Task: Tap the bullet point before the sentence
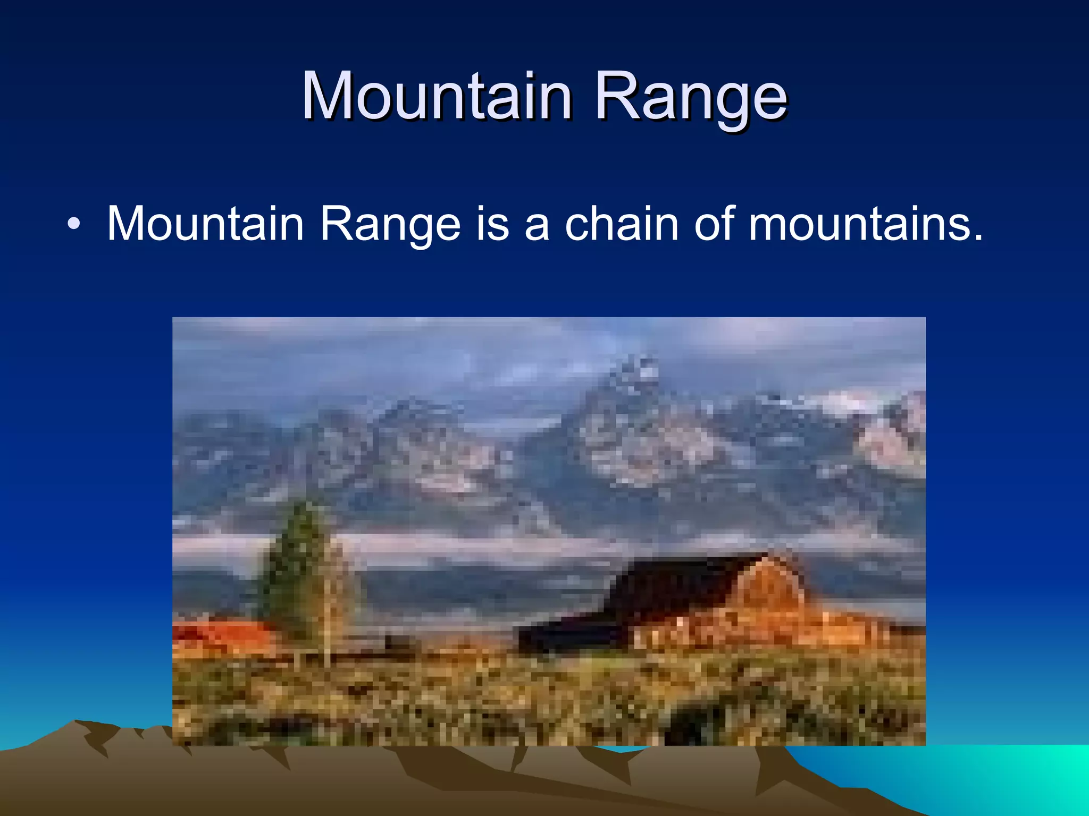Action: [74, 225]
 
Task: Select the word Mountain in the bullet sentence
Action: [205, 224]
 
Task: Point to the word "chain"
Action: [621, 224]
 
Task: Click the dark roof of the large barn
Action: [686, 584]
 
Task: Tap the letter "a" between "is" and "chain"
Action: [536, 225]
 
